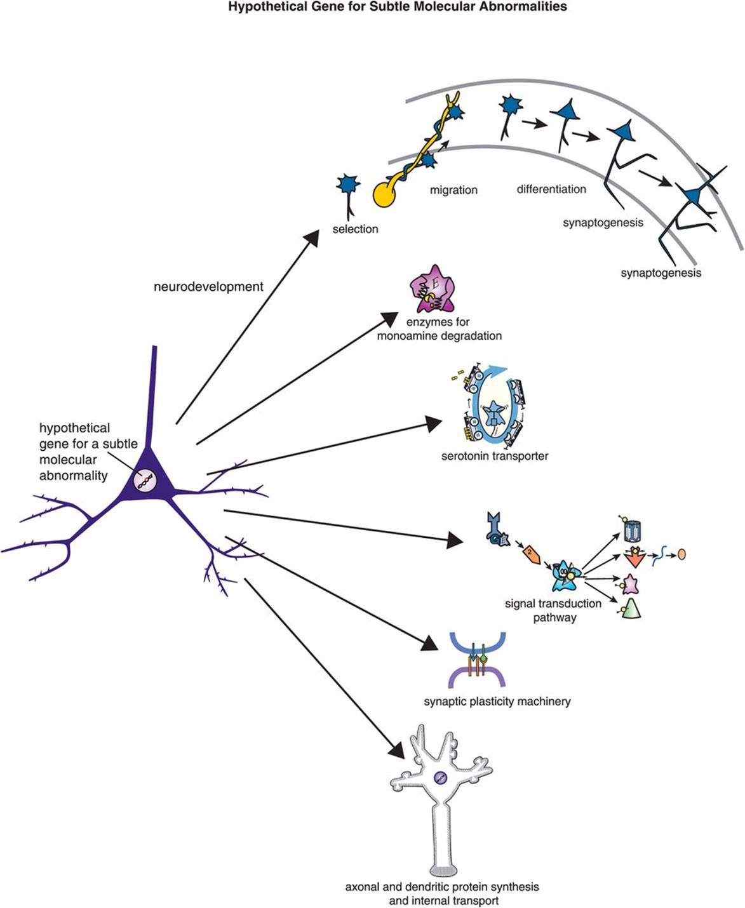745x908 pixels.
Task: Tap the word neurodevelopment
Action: [x=208, y=286]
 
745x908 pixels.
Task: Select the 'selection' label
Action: [x=355, y=229]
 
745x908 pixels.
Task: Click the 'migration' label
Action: [x=453, y=189]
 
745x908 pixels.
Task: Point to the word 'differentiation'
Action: [x=551, y=189]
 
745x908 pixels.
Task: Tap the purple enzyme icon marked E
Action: [x=433, y=289]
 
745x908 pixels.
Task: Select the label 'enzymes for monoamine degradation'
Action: [x=439, y=329]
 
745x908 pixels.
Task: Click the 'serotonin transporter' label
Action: [x=494, y=455]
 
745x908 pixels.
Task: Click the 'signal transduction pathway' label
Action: [x=554, y=610]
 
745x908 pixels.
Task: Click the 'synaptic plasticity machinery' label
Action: [x=497, y=701]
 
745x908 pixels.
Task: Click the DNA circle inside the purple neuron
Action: [x=145, y=480]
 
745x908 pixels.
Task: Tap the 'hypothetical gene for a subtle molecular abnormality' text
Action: [x=88, y=451]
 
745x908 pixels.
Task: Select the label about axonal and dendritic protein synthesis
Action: [x=441, y=893]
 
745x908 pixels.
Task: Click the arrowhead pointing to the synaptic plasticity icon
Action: [x=431, y=644]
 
